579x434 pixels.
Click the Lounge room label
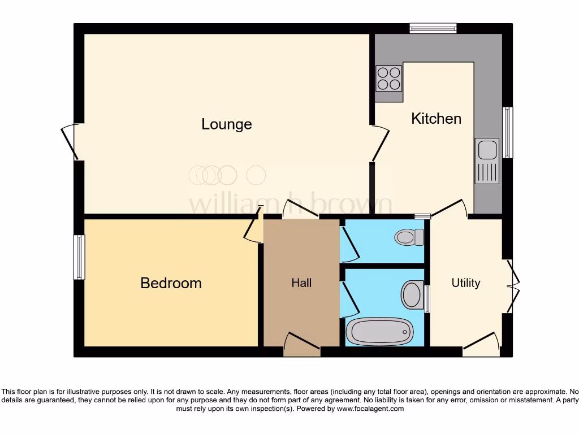click(x=226, y=124)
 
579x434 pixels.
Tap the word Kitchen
click(x=436, y=119)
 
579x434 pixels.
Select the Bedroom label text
click(x=171, y=283)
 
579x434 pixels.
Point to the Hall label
click(x=301, y=283)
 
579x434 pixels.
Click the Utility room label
click(x=465, y=283)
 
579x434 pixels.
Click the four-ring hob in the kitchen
click(x=389, y=79)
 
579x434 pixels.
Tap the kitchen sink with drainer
click(x=487, y=161)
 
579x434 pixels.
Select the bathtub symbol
click(x=379, y=331)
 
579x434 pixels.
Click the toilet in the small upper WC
click(x=411, y=237)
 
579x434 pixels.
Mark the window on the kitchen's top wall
click(x=433, y=28)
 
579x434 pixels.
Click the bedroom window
click(x=79, y=257)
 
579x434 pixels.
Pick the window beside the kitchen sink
click(x=508, y=132)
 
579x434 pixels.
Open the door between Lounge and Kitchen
click(x=379, y=144)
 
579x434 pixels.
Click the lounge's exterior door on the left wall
click(x=70, y=141)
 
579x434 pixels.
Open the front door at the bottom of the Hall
click(x=302, y=345)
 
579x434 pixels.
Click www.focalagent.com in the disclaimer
click(x=370, y=409)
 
